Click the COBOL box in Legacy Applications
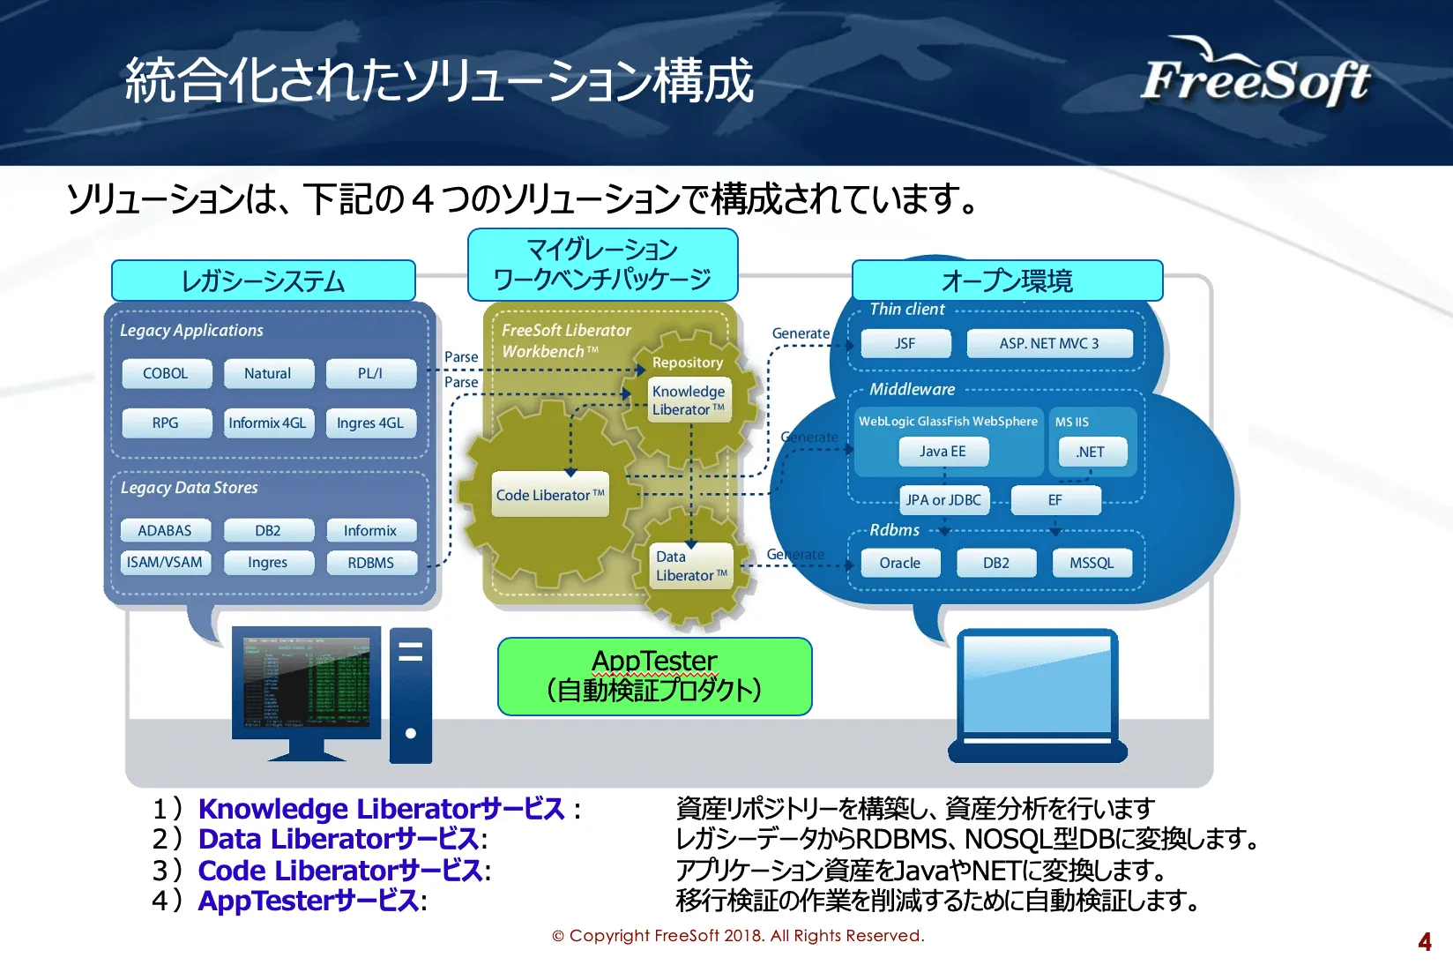click(x=166, y=373)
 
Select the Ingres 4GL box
click(x=370, y=423)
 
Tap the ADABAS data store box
click(x=165, y=530)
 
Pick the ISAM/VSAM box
click(x=165, y=563)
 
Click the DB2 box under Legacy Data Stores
click(x=268, y=530)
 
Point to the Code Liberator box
click(x=550, y=495)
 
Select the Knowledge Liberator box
click(x=689, y=400)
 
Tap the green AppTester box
click(x=654, y=676)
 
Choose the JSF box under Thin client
click(x=905, y=343)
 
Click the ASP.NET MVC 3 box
click(x=1049, y=343)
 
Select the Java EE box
click(x=943, y=452)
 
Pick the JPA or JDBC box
click(x=943, y=500)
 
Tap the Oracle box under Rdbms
click(x=900, y=563)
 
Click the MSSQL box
click(x=1092, y=563)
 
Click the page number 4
click(x=1424, y=942)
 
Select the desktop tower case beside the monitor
click(x=411, y=695)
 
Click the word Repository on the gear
click(x=688, y=363)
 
